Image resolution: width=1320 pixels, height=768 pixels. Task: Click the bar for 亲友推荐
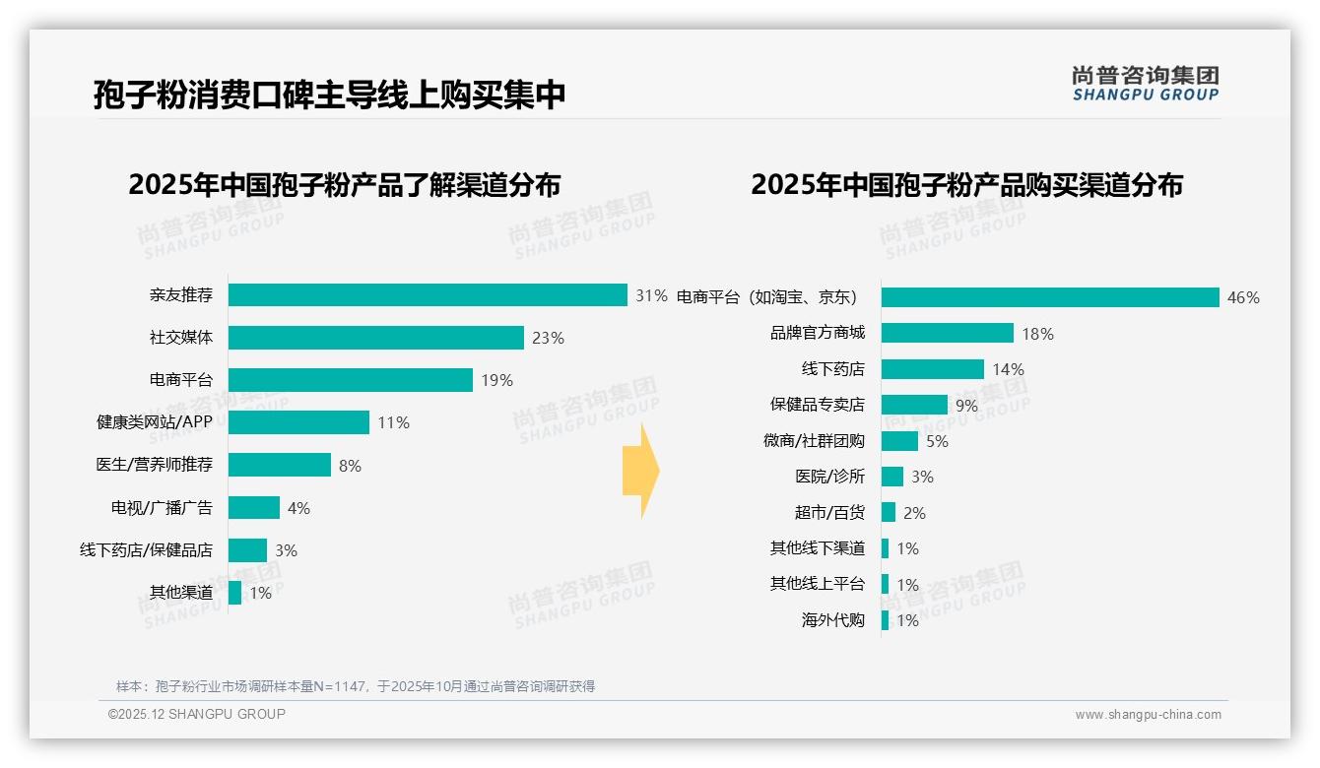(428, 295)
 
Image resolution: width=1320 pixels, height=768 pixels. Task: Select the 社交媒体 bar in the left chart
(375, 338)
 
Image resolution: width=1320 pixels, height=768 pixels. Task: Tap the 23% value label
(548, 338)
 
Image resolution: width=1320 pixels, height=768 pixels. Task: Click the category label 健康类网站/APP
(154, 422)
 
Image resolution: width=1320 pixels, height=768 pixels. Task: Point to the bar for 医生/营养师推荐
(280, 465)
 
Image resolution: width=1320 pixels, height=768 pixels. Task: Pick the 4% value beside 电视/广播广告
(298, 508)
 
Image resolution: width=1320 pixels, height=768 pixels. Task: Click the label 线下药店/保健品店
(146, 550)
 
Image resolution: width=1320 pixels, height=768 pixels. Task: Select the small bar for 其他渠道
(234, 593)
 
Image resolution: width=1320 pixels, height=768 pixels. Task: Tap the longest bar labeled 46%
(1050, 297)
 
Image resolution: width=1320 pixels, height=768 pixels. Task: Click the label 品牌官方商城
(817, 334)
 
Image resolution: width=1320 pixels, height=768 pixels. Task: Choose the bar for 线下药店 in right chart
(932, 369)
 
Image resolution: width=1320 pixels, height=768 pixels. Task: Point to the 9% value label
(966, 406)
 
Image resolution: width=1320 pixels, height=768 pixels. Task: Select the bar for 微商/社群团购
(899, 441)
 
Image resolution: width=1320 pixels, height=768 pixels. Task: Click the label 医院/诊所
(829, 477)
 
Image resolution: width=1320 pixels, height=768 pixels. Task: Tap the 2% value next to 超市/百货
(914, 513)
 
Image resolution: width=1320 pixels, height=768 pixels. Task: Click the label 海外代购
(832, 620)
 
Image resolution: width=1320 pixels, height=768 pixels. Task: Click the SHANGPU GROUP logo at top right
(1145, 84)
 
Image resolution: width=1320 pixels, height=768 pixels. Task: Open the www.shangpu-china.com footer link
(1148, 715)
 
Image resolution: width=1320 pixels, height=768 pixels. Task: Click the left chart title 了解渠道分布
(345, 185)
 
